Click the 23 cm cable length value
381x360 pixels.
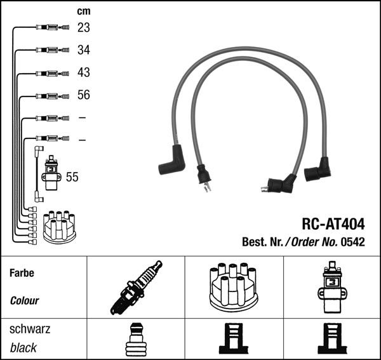[84, 27]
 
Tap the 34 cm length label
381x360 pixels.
[84, 50]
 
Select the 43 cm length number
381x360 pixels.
[84, 72]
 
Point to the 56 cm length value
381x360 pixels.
[84, 95]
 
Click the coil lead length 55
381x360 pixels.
[72, 177]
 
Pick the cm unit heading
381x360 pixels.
[83, 11]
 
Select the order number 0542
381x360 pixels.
[352, 242]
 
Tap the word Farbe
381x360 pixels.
[22, 274]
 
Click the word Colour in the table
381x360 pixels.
[25, 301]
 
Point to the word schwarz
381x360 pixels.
[30, 330]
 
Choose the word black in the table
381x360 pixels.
[23, 348]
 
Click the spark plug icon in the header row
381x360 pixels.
[135, 288]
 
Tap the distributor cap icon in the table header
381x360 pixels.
[233, 288]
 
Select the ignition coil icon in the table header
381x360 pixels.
[331, 288]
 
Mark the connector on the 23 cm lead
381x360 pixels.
[49, 27]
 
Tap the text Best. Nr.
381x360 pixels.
[261, 242]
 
